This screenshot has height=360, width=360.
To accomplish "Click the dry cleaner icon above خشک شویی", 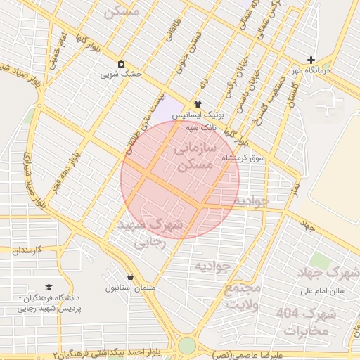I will [x=122, y=63].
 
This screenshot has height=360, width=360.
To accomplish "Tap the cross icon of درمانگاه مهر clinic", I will [x=311, y=60].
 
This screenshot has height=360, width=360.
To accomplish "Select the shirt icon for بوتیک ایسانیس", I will [x=198, y=104].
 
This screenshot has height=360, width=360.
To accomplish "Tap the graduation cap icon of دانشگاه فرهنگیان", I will [x=49, y=287].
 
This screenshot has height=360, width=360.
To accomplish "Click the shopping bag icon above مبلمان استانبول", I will [x=130, y=276].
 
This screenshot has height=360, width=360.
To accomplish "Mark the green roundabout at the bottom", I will [x=186, y=345].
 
